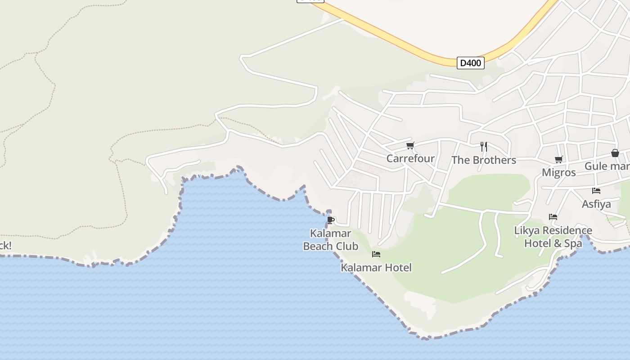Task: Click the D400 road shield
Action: tap(470, 63)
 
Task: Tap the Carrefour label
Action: tap(410, 158)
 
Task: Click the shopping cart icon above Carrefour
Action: tap(410, 146)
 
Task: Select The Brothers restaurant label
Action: tap(483, 160)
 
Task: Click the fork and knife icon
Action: tap(483, 146)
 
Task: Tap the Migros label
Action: tap(558, 172)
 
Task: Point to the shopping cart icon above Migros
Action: tap(559, 159)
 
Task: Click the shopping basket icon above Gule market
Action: tap(615, 153)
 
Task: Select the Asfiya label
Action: tap(596, 204)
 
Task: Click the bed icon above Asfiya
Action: tap(596, 191)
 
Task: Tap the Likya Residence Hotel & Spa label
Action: tap(553, 237)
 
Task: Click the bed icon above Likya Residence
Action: tap(553, 217)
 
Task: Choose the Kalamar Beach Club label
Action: tap(331, 240)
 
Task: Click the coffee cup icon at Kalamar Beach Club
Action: tap(331, 220)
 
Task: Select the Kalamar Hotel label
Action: tap(376, 268)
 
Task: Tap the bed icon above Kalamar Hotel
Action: tap(376, 255)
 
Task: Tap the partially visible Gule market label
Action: tap(607, 166)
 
